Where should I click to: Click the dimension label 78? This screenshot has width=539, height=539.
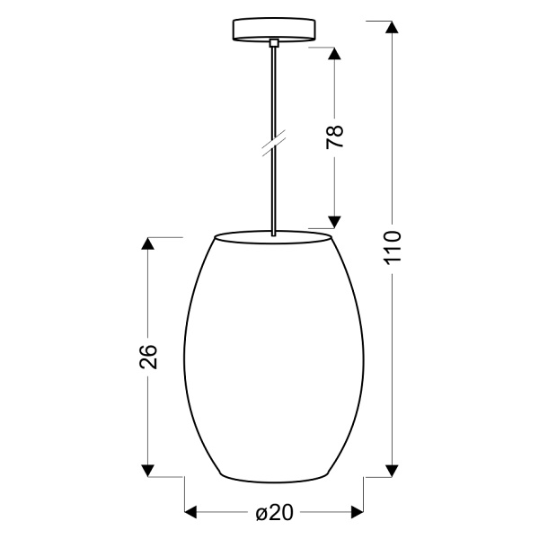(x=334, y=137)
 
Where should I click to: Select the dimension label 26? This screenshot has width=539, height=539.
(x=149, y=358)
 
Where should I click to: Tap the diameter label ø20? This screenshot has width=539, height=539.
(x=274, y=513)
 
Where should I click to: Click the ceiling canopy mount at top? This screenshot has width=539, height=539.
(x=273, y=30)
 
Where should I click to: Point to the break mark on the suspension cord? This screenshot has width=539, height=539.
(x=273, y=143)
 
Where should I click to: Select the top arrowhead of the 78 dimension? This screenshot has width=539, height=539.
(x=334, y=53)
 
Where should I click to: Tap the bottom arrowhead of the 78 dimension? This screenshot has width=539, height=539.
(x=334, y=220)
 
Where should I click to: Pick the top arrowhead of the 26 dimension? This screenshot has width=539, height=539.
(x=149, y=244)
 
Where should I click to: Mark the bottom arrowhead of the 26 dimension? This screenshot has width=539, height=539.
(x=149, y=469)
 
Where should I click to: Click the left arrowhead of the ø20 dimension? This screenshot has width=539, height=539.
(x=192, y=513)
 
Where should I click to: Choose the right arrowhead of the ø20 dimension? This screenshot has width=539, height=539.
(x=356, y=513)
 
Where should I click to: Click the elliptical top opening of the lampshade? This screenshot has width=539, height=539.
(x=273, y=237)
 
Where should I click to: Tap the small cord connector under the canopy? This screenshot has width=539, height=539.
(x=273, y=42)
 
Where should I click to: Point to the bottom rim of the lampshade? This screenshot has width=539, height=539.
(x=274, y=478)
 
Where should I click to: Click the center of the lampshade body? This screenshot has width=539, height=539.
(x=274, y=359)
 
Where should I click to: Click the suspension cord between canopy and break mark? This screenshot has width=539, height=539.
(x=273, y=90)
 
